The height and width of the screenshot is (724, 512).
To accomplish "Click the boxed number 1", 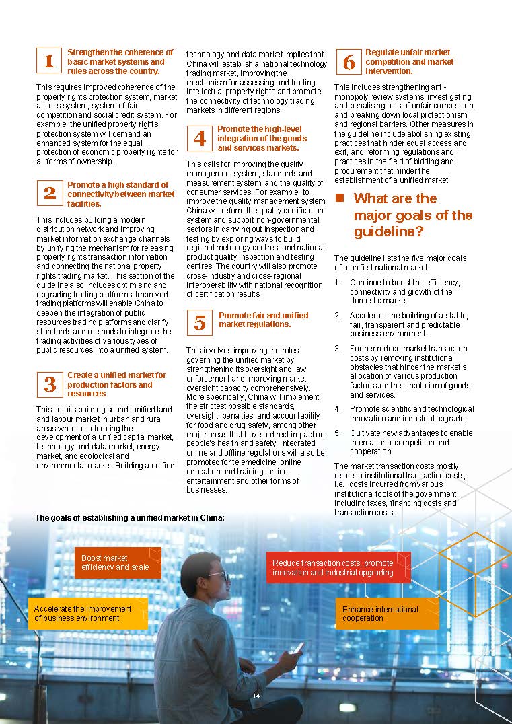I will tap(49, 61).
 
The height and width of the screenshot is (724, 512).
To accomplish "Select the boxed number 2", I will tap(49, 194).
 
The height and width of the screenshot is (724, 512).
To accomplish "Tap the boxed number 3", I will tap(49, 384).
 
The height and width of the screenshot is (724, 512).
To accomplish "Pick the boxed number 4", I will tap(200, 138).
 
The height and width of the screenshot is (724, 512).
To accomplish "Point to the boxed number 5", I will tap(200, 324).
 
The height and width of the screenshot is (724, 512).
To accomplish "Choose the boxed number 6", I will tap(349, 62).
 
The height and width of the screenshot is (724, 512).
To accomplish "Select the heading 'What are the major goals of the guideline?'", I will tap(412, 215).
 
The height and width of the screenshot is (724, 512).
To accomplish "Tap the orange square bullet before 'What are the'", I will tap(340, 198).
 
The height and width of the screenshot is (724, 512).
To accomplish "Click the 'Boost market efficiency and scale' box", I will tap(118, 563).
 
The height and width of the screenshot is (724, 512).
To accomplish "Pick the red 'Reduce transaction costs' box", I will tap(338, 567).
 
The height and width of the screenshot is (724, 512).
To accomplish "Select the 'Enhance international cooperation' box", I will tap(386, 613).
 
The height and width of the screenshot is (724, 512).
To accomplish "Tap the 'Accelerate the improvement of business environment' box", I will tap(87, 613).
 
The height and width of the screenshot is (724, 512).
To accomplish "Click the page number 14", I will tap(256, 696).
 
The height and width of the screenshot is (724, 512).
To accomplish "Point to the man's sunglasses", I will tap(219, 576).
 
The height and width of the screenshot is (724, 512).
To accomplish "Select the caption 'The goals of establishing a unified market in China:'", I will tap(129, 518).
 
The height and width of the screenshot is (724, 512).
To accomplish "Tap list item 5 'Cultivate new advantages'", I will tap(410, 443).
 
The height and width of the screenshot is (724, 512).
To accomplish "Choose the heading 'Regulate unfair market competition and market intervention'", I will tap(409, 61).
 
